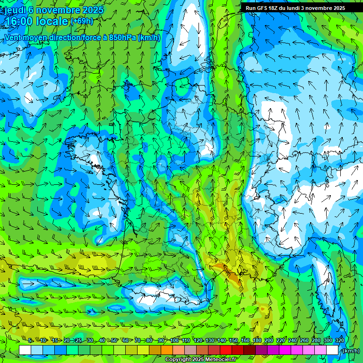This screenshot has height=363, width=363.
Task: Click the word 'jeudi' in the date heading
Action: (15, 10)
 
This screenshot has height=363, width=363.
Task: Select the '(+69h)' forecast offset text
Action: (82, 21)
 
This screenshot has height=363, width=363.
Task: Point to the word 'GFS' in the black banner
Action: (263, 8)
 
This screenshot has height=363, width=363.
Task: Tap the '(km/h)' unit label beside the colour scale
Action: (351, 351)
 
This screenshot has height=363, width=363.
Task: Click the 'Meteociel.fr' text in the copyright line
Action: (221, 360)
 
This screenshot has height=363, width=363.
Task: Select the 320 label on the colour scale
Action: (339, 340)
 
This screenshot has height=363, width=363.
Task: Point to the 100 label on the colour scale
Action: (174, 340)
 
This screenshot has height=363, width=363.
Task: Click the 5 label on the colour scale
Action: (30, 340)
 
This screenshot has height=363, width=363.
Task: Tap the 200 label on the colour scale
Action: (269, 340)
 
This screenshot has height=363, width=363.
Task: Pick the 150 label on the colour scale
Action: (233, 340)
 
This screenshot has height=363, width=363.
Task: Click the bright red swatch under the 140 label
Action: (226, 350)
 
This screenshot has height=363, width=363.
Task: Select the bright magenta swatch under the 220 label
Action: (285, 350)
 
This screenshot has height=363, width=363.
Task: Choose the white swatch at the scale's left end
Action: (25, 350)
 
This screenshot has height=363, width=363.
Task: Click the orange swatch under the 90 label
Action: (167, 350)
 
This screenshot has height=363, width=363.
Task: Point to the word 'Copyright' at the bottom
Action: (178, 360)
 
